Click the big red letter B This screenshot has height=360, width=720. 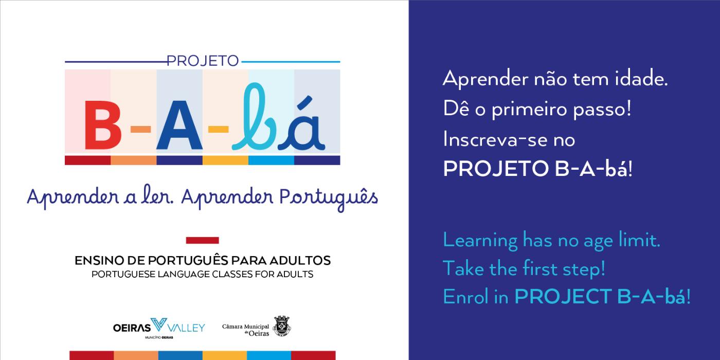click(x=103, y=125)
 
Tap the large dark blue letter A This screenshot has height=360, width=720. click(x=179, y=125)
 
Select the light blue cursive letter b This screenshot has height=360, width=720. click(x=254, y=117)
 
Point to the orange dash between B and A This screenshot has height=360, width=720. click(x=141, y=129)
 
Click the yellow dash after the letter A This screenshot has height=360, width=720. click(x=218, y=129)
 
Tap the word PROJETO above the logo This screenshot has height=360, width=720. click(x=203, y=61)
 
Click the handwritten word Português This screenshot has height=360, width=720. click(x=329, y=197)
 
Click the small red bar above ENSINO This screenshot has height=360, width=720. click(x=203, y=240)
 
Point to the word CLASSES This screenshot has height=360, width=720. click(x=232, y=274)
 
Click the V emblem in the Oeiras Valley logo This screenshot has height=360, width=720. click(x=159, y=325)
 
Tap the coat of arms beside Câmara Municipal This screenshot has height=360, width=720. click(x=282, y=327)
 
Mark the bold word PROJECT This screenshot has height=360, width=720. click(x=563, y=296)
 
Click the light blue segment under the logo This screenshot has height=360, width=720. click(x=272, y=160)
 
